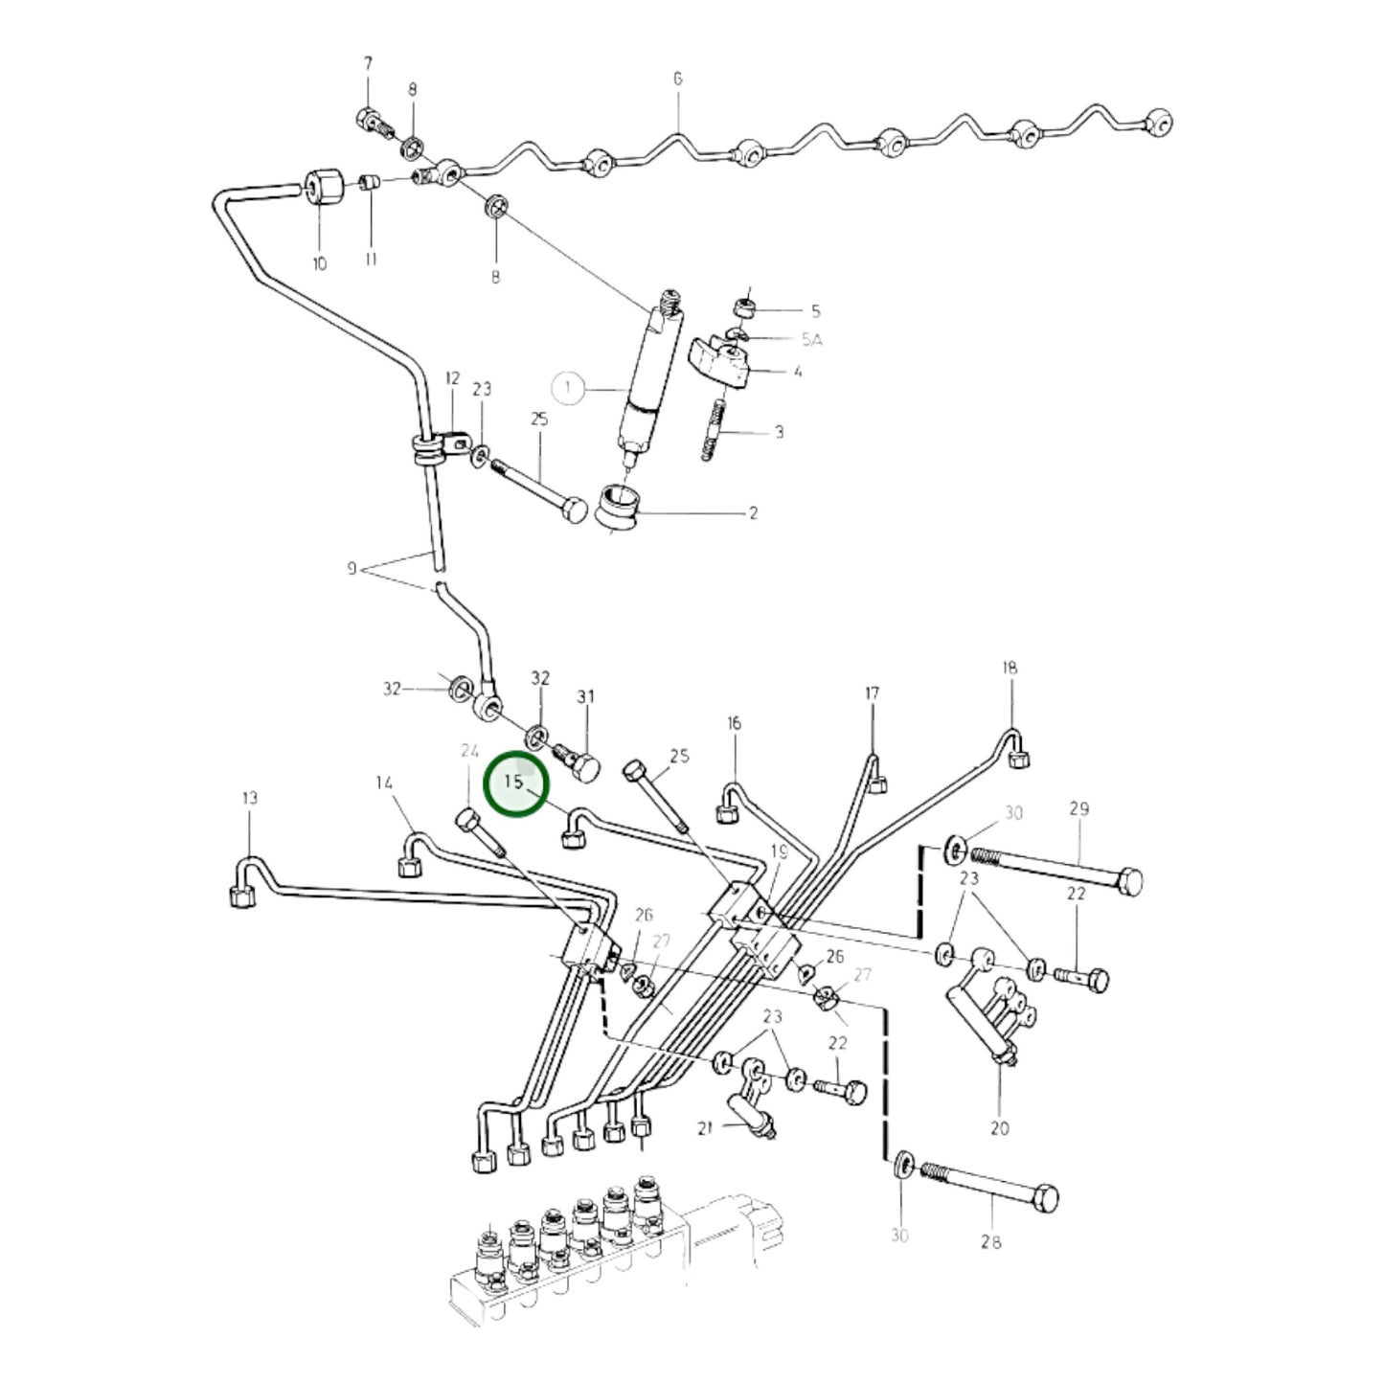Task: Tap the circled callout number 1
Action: [x=569, y=389]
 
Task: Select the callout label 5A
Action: [x=811, y=339]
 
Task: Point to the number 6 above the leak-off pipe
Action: [x=677, y=79]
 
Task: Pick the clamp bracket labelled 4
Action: [x=718, y=365]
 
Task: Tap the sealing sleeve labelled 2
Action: [x=619, y=509]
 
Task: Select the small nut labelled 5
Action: [x=745, y=308]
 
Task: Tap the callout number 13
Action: [x=249, y=798]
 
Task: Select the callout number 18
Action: [x=1010, y=668]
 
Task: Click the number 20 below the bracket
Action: [x=1000, y=1128]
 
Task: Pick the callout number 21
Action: [x=705, y=1128]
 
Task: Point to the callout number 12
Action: [x=452, y=377]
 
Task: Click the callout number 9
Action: [x=352, y=569]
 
